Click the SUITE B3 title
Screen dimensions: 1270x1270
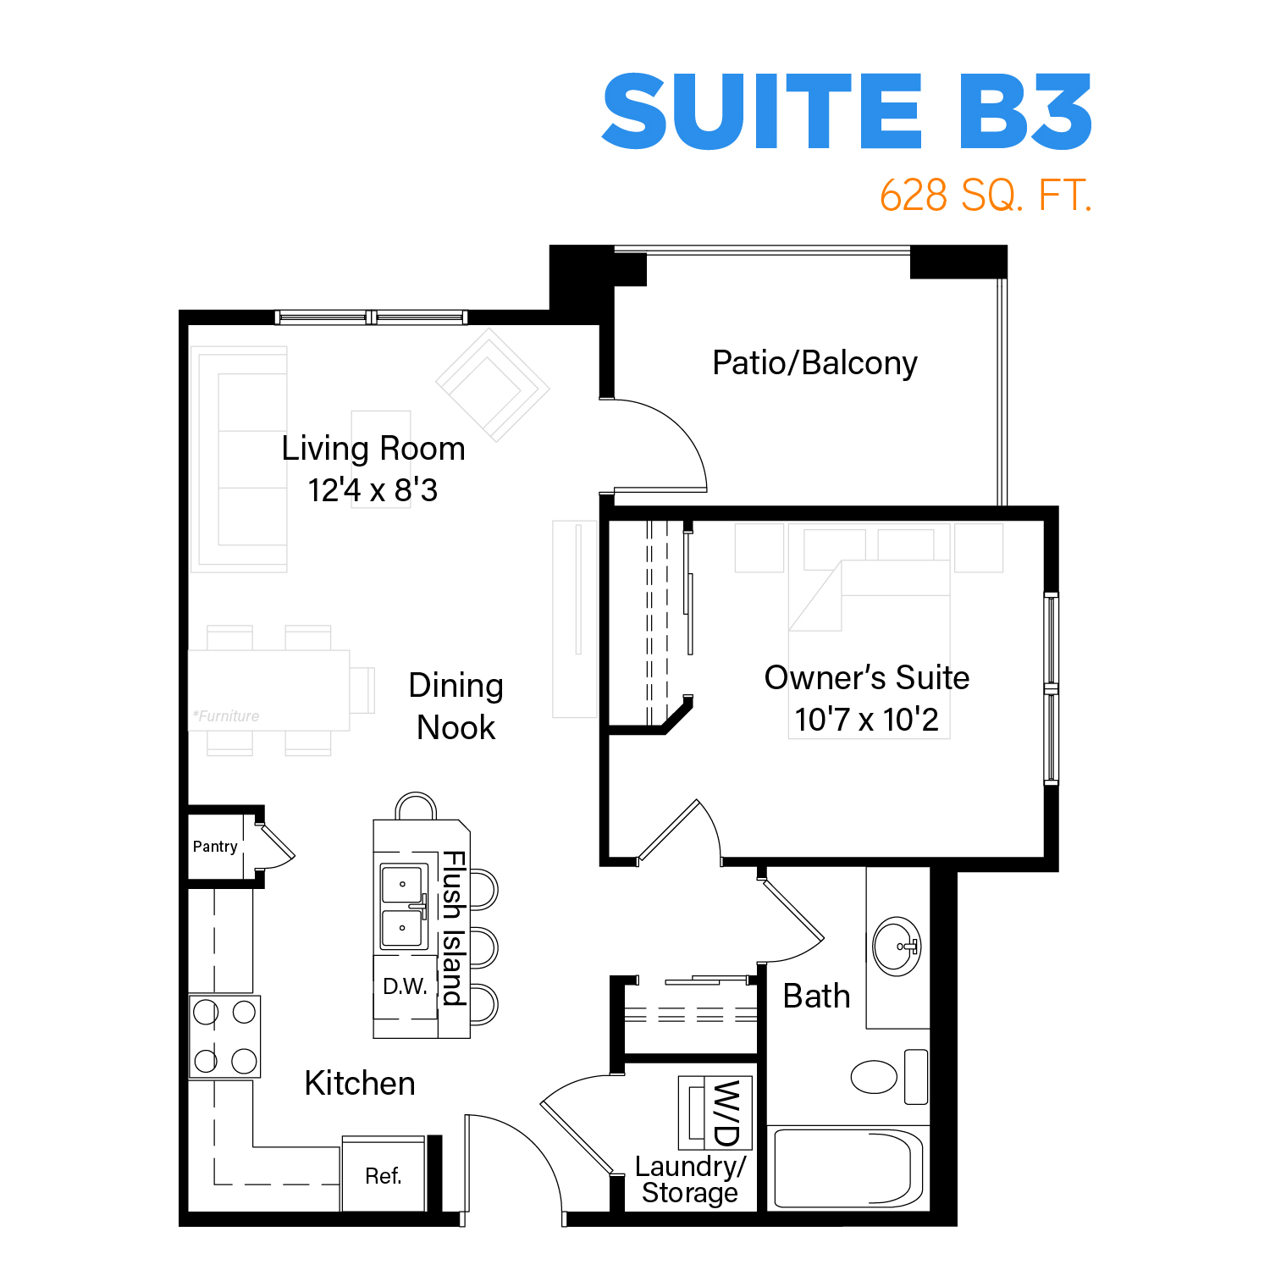[847, 111]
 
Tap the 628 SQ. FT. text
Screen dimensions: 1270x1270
[986, 196]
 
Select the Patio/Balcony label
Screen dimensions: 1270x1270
[814, 363]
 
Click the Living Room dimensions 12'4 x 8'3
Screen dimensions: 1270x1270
[373, 490]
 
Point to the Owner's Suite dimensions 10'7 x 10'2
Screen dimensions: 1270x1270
[866, 720]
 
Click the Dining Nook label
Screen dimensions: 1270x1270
[456, 706]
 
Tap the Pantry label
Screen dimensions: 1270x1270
[215, 847]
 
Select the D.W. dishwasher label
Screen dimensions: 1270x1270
[405, 986]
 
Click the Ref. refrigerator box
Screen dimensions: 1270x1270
[384, 1174]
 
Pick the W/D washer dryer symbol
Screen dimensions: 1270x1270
[715, 1113]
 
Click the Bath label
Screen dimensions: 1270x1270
[816, 997]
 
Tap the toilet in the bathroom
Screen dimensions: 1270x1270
[889, 1077]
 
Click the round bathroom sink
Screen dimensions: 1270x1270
[897, 947]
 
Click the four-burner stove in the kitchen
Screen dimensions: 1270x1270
[224, 1036]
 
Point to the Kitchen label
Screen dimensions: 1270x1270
[360, 1084]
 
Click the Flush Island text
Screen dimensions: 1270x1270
[454, 928]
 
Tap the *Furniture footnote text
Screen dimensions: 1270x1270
[226, 716]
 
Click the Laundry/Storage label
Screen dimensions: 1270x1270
[690, 1179]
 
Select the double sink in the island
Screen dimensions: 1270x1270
[403, 907]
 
